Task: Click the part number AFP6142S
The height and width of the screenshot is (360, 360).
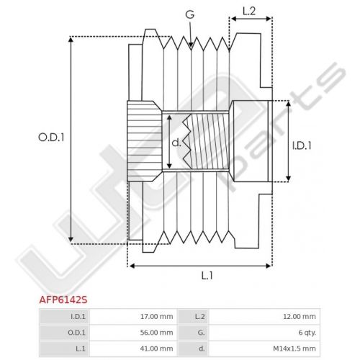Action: click(63, 300)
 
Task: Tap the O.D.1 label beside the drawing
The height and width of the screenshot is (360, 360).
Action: click(51, 138)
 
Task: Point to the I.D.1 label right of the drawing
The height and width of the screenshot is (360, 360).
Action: click(302, 145)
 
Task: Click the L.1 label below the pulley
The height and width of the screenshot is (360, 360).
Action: click(207, 276)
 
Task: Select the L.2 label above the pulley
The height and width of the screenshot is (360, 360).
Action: click(249, 12)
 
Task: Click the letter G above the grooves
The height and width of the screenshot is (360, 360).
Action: click(190, 14)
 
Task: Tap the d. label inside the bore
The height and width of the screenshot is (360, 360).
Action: click(176, 143)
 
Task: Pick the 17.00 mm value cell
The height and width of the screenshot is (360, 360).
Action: click(156, 316)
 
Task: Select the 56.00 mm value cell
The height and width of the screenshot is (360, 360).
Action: click(156, 333)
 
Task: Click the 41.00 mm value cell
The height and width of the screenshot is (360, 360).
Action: click(156, 348)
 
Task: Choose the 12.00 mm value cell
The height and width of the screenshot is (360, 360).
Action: click(300, 316)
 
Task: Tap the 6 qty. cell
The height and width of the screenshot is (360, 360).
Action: click(307, 333)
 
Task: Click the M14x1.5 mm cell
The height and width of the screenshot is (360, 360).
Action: click(294, 348)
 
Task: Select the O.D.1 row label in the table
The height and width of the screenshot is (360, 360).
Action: click(76, 333)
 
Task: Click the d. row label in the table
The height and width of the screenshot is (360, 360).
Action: click(202, 348)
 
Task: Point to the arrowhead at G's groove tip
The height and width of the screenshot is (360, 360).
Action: click(191, 45)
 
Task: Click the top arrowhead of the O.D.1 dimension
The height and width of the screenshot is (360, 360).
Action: click(71, 40)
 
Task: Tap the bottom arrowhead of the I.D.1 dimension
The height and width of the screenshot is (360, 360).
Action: click(289, 178)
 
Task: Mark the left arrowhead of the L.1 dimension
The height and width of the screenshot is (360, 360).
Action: click(132, 266)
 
